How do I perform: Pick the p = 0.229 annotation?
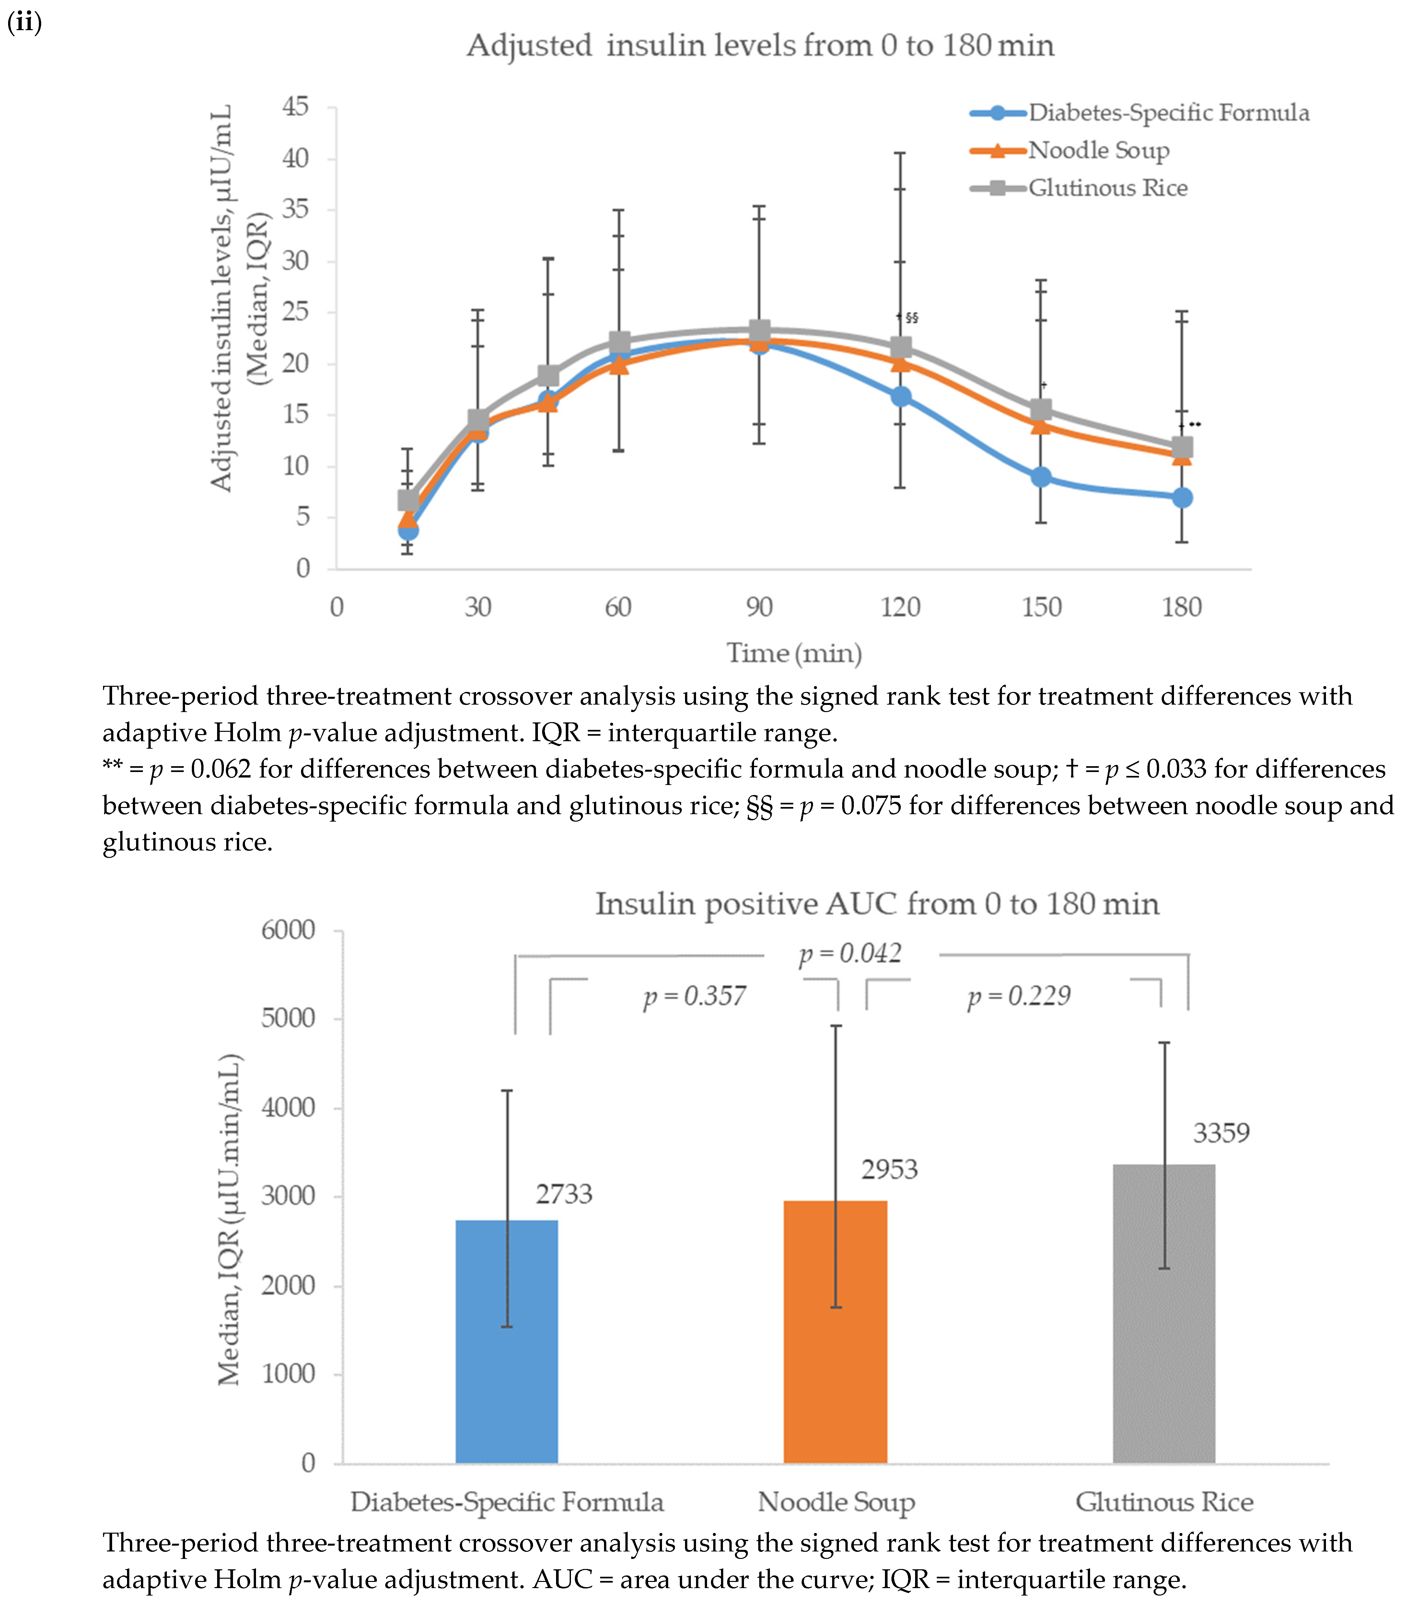click(x=1019, y=996)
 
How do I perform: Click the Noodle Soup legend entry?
click(x=1098, y=150)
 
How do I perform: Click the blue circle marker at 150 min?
click(x=1040, y=477)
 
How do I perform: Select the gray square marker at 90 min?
click(x=759, y=330)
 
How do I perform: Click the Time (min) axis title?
click(x=794, y=652)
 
